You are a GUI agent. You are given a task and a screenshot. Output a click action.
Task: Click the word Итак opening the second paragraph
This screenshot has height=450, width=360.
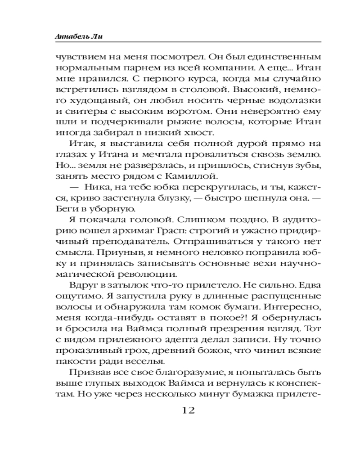(x=80, y=145)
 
